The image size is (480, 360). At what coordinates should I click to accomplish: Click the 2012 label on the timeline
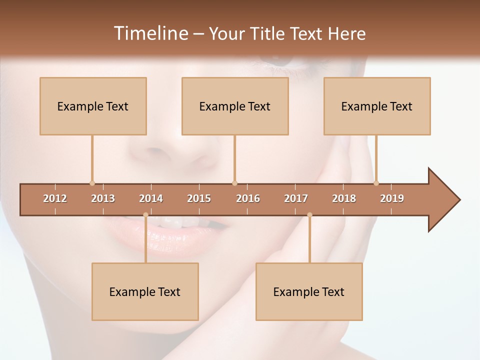click(x=55, y=198)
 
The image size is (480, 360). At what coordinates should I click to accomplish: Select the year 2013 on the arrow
click(x=103, y=198)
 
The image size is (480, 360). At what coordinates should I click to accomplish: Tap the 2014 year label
click(x=151, y=198)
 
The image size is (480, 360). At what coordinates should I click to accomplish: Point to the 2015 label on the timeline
click(x=199, y=198)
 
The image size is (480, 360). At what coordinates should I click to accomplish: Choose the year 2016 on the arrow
click(x=248, y=198)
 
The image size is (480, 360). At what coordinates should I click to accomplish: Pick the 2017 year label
click(x=296, y=198)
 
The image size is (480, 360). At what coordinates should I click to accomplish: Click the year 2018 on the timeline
click(x=344, y=198)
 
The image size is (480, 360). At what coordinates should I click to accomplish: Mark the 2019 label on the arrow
click(x=392, y=198)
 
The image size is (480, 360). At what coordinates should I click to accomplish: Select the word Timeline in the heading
click(x=149, y=33)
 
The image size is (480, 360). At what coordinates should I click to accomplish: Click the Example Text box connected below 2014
click(x=145, y=291)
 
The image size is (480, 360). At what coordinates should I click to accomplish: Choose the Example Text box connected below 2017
click(x=309, y=291)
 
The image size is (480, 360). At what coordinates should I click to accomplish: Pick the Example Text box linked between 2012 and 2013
click(x=93, y=106)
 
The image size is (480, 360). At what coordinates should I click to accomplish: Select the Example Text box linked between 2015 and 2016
click(x=235, y=106)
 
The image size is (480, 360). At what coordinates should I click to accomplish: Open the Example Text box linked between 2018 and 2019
click(x=377, y=106)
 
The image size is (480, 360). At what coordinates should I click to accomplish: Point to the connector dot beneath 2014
click(x=145, y=215)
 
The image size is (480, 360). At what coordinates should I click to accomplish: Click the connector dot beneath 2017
click(x=309, y=215)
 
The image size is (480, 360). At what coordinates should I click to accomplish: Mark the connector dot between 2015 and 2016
click(x=234, y=183)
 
